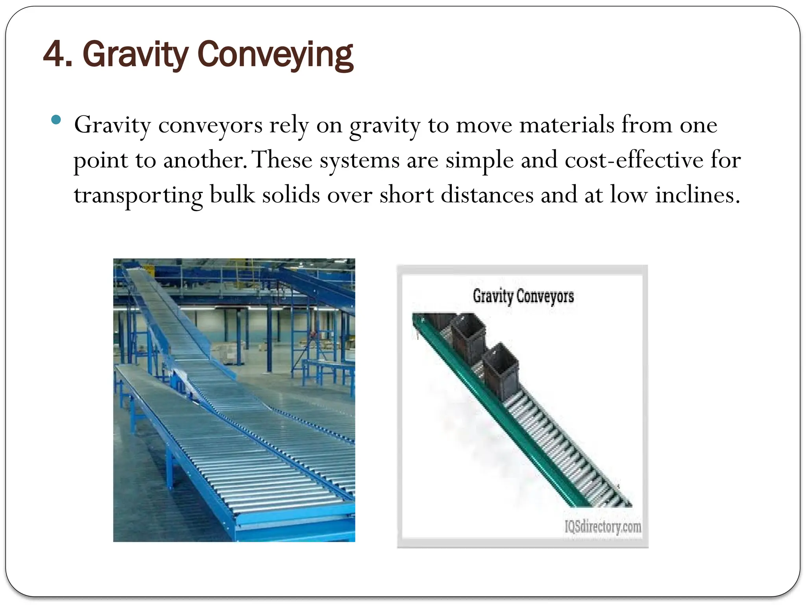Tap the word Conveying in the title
pyautogui.click(x=275, y=55)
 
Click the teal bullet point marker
pyautogui.click(x=56, y=120)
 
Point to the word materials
pyautogui.click(x=567, y=125)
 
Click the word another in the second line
pyautogui.click(x=205, y=160)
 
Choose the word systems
pyautogui.click(x=360, y=161)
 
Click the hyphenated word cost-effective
pyautogui.click(x=634, y=160)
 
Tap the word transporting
pyautogui.click(x=138, y=195)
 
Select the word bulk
pyautogui.click(x=232, y=195)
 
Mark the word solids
pyautogui.click(x=291, y=195)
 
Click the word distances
pyautogui.click(x=487, y=195)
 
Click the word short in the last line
pyautogui.click(x=406, y=195)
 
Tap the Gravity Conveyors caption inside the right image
pyautogui.click(x=523, y=296)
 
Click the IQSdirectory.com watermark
pyautogui.click(x=603, y=526)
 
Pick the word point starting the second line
pyautogui.click(x=101, y=161)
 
